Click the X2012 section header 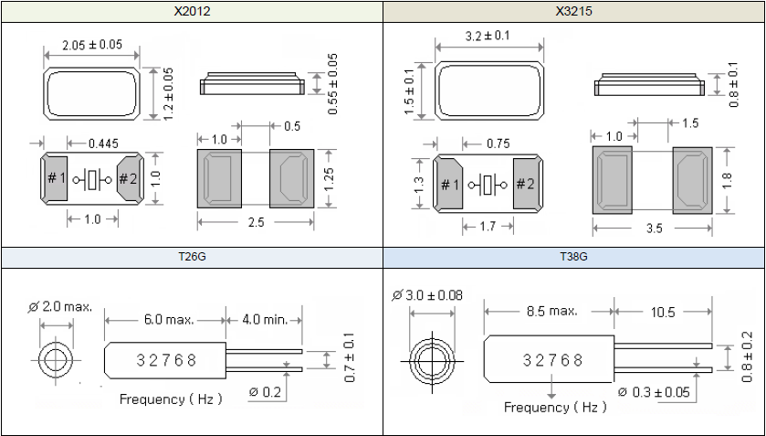pyautogui.click(x=192, y=12)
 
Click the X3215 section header pyautogui.click(x=573, y=12)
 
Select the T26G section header pyautogui.click(x=192, y=257)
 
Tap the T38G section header pyautogui.click(x=573, y=257)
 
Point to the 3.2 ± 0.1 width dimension pyautogui.click(x=488, y=37)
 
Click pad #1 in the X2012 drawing pyautogui.click(x=56, y=179)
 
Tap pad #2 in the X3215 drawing pyautogui.click(x=525, y=185)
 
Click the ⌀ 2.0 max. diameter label pyautogui.click(x=60, y=306)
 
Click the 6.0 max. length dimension pyautogui.click(x=166, y=320)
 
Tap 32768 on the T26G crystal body pyautogui.click(x=167, y=360)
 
